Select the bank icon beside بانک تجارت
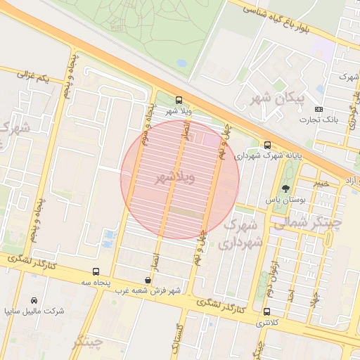coord(319,109)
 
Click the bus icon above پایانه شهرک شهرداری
coord(267,145)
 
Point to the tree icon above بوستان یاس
coord(285,188)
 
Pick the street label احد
coord(290,295)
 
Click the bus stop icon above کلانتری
coord(266,311)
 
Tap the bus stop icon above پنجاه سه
coord(96,271)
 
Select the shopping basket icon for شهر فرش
coord(146,279)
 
